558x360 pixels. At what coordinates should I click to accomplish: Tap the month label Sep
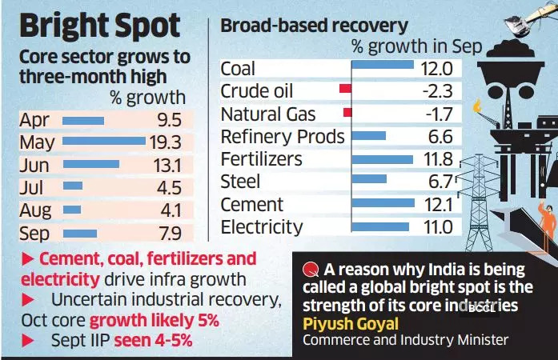[34, 234]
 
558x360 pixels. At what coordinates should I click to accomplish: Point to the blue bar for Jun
[90, 165]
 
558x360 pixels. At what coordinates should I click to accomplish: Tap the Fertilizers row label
[262, 159]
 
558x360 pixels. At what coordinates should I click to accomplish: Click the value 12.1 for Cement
[436, 205]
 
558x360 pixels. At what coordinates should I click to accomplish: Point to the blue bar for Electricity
[380, 227]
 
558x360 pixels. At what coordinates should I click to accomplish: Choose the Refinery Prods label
[283, 136]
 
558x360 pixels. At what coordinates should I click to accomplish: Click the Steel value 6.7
[438, 182]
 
